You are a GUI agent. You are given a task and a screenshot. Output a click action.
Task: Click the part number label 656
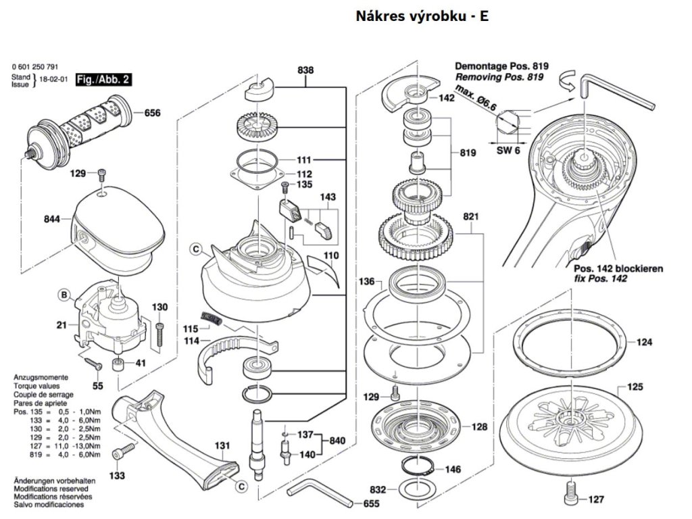(x=152, y=113)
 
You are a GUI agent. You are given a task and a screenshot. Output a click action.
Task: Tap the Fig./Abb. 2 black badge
(x=103, y=80)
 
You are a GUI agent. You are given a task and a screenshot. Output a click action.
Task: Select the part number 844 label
(x=51, y=219)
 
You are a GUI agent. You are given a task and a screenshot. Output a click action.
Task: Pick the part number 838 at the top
(x=305, y=70)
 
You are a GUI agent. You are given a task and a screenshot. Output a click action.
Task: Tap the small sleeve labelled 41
(x=117, y=365)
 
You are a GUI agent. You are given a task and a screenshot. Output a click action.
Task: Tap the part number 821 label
(x=470, y=216)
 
